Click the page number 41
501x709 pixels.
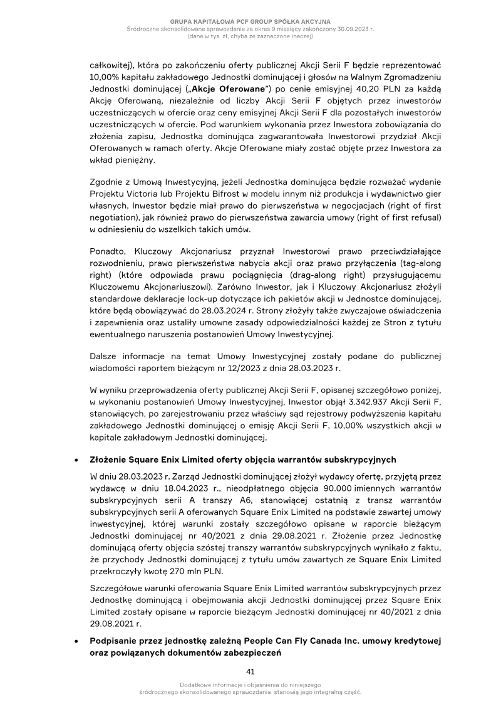point(250,671)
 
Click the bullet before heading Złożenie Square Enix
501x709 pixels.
point(76,460)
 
